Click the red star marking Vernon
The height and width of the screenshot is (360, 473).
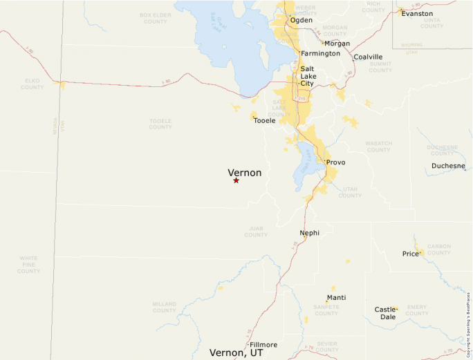(236, 180)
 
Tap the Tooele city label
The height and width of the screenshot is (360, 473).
(264, 121)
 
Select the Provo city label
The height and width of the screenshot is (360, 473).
(335, 162)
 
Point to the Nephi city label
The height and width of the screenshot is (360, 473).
(309, 233)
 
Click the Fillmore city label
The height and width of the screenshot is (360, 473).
(263, 344)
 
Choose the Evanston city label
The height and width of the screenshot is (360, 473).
(417, 13)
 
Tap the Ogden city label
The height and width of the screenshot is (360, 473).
(301, 20)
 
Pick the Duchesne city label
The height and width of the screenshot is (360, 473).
(448, 166)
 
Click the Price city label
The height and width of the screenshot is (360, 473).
(411, 254)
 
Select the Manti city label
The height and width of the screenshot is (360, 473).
(336, 298)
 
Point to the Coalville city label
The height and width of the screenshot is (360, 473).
(368, 57)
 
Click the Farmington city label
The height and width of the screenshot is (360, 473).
(320, 53)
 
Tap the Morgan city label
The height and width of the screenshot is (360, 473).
(337, 44)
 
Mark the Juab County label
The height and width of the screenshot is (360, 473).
(256, 231)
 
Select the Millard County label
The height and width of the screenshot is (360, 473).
(165, 307)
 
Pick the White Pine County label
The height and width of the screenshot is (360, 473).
(28, 264)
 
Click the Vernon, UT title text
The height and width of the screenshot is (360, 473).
(236, 352)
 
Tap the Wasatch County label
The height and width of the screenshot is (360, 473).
(378, 146)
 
